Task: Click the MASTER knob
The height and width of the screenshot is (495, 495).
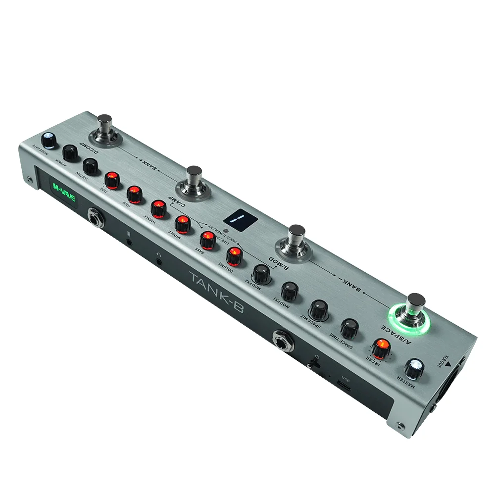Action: (414, 368)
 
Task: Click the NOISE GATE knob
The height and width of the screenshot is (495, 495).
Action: (49, 140)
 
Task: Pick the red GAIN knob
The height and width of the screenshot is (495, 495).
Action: (134, 193)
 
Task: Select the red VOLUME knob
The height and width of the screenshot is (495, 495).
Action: (234, 255)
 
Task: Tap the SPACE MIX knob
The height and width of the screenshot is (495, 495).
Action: (317, 309)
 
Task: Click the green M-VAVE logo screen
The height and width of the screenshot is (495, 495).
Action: (61, 190)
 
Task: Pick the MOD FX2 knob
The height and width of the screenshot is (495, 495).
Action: (261, 273)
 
